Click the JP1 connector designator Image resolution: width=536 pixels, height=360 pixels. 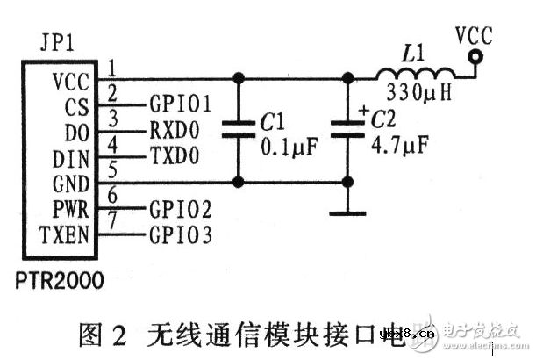57,43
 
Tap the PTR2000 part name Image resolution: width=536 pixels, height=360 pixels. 58,281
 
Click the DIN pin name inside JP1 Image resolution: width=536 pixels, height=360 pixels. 72,161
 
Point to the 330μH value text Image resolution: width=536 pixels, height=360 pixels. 418,92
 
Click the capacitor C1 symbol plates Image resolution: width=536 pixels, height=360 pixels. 237,131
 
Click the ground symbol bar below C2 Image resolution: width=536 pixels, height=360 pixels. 348,212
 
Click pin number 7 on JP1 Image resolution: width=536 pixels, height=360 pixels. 114,229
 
